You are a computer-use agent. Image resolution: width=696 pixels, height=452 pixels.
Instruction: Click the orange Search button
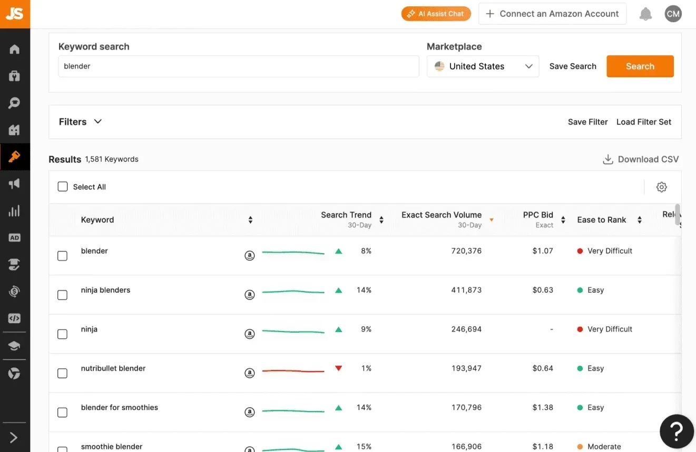click(x=640, y=66)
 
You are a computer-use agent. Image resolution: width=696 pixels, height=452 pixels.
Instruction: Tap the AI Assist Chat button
click(x=436, y=14)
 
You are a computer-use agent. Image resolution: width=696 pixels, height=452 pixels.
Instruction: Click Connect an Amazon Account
click(x=553, y=14)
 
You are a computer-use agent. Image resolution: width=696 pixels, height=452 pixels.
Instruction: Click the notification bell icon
click(x=645, y=14)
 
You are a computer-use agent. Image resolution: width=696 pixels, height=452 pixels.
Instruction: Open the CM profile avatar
click(x=673, y=14)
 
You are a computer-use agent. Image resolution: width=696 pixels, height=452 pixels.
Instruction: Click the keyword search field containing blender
click(x=238, y=66)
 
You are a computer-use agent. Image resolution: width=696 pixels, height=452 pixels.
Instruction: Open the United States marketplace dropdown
click(x=483, y=66)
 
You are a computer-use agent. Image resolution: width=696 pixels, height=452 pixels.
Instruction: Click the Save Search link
click(x=573, y=66)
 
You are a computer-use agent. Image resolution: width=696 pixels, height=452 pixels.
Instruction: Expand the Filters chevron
click(x=98, y=122)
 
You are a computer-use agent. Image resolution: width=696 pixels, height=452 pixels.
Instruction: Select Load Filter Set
click(x=643, y=122)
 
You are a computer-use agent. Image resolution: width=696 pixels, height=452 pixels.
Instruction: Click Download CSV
click(x=641, y=159)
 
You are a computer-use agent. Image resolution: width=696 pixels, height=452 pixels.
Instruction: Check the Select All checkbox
click(x=63, y=186)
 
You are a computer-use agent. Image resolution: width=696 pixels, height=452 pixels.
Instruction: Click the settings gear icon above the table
click(x=662, y=187)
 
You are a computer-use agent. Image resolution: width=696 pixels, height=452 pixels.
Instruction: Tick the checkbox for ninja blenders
click(x=63, y=295)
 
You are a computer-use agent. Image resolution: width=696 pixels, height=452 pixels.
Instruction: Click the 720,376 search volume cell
click(x=466, y=250)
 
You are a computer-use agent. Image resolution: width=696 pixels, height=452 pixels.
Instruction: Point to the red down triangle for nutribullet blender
click(x=339, y=368)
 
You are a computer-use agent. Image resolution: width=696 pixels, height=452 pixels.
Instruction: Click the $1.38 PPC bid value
click(x=543, y=407)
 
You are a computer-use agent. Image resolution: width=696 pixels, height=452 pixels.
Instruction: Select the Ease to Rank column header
click(x=602, y=219)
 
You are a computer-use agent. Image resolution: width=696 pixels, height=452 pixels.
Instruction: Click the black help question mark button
click(x=677, y=431)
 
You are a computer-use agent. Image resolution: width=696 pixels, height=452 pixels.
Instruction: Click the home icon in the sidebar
click(x=15, y=49)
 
